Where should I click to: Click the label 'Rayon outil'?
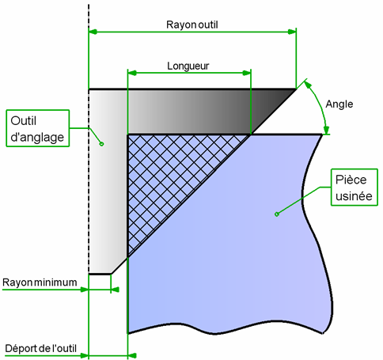192,25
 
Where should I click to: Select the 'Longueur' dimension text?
188,66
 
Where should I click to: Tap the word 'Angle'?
339,104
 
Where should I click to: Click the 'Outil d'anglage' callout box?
38,128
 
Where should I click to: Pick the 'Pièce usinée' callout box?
355,188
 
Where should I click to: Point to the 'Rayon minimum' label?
40,282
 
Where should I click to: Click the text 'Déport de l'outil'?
41,348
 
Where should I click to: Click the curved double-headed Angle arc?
320,105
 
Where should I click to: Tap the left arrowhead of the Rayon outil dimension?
93,32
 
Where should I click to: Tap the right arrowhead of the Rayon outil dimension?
292,32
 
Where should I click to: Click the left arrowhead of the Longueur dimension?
132,73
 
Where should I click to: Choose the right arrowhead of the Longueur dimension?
247,73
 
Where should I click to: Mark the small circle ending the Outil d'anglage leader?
101,144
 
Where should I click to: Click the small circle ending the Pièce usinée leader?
277,214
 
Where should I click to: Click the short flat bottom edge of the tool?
100,275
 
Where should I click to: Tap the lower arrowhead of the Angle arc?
327,130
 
